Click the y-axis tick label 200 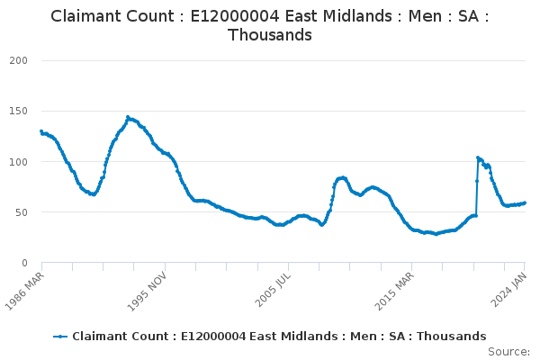(x=19, y=60)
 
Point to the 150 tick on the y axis (x=19, y=111)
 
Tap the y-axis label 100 (x=19, y=162)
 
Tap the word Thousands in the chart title (x=270, y=36)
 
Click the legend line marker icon (x=60, y=337)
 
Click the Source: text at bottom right (x=509, y=351)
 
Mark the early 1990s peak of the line (x=128, y=117)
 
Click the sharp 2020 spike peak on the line (x=478, y=157)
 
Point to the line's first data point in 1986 (x=41, y=131)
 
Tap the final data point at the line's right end (x=525, y=202)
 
